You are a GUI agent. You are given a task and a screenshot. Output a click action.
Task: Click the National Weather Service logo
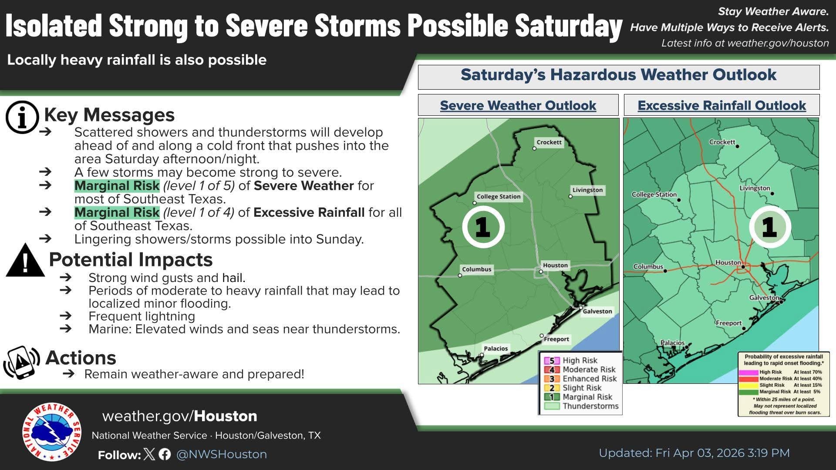click(x=52, y=431)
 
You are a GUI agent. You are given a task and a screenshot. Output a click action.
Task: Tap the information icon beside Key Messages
click(x=22, y=117)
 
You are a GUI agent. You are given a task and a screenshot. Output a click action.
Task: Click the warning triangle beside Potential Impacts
click(x=25, y=260)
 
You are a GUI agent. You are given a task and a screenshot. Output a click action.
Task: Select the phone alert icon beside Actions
click(x=21, y=362)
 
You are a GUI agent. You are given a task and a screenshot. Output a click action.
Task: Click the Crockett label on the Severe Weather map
click(x=549, y=142)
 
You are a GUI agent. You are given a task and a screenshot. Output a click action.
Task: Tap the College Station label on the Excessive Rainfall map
click(x=654, y=195)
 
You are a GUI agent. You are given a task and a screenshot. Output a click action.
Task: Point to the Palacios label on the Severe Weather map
click(x=496, y=349)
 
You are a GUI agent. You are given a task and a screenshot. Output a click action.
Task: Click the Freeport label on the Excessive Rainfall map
click(x=729, y=323)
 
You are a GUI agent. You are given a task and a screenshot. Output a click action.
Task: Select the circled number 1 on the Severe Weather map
click(x=483, y=227)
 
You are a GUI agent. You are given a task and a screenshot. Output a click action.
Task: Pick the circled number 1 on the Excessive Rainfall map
click(x=770, y=227)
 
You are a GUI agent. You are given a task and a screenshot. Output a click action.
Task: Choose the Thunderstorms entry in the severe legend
click(x=581, y=406)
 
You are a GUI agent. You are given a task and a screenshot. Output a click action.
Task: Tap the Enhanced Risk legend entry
click(x=580, y=379)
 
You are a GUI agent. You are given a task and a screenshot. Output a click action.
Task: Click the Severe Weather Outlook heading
click(x=518, y=105)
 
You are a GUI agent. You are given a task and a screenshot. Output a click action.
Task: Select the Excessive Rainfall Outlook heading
click(x=722, y=105)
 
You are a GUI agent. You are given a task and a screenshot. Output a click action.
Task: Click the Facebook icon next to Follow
click(x=165, y=454)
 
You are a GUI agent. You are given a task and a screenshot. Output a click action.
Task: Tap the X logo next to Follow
click(x=149, y=454)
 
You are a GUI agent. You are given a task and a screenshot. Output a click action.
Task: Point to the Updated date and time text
click(x=694, y=453)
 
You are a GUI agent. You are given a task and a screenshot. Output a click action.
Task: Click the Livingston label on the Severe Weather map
click(x=587, y=190)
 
